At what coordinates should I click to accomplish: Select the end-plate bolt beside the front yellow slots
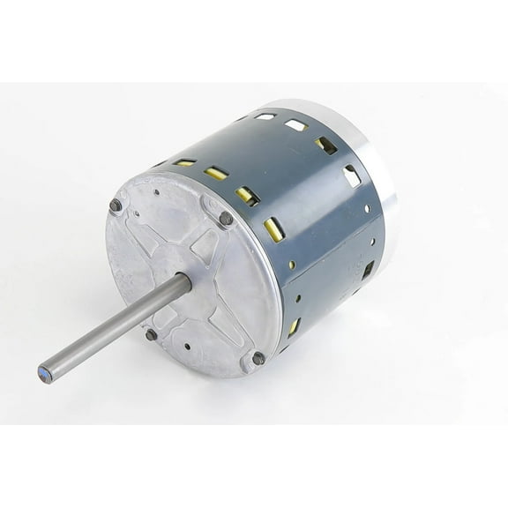click(227, 218)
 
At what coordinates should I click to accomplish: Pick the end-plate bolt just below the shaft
click(152, 334)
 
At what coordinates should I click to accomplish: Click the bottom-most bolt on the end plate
click(258, 358)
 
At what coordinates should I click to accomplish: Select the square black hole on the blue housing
click(368, 269)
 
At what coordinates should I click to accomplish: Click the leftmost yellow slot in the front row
click(184, 162)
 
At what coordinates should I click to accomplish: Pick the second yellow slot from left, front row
click(216, 174)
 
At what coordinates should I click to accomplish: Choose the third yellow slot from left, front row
click(246, 195)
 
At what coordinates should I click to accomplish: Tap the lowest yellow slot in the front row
click(274, 230)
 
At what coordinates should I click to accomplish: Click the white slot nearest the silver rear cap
click(352, 176)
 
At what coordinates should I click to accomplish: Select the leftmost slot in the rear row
click(265, 116)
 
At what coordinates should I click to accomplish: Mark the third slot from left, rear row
click(325, 145)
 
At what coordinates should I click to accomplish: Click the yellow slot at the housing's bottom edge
click(293, 327)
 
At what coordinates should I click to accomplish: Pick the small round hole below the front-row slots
click(291, 264)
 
